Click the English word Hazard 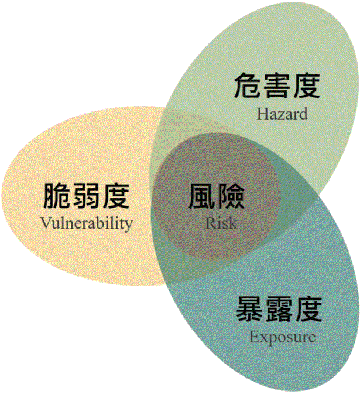282,114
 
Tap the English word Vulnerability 87,223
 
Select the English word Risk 221,223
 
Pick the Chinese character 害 277,86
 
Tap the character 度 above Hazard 306,86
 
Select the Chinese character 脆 57,196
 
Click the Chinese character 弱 87,196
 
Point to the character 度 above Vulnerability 116,196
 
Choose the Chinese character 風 202,196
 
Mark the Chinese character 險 231,196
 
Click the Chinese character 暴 249,309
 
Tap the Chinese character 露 279,309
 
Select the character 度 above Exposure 308,309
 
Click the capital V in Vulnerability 46,223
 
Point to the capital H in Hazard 263,114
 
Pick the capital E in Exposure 255,336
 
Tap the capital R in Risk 211,223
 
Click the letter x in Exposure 264,338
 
